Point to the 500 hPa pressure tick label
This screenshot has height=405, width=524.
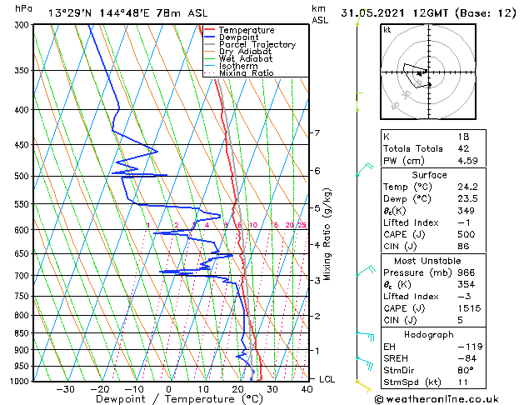click(x=22, y=176)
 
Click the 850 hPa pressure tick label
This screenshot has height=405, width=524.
click(x=22, y=333)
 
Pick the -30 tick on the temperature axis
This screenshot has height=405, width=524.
click(x=65, y=389)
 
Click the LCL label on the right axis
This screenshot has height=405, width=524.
click(x=327, y=379)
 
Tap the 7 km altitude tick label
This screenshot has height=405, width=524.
click(x=317, y=133)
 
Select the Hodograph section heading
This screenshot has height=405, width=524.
click(x=429, y=334)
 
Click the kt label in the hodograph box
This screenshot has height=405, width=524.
click(x=387, y=30)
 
